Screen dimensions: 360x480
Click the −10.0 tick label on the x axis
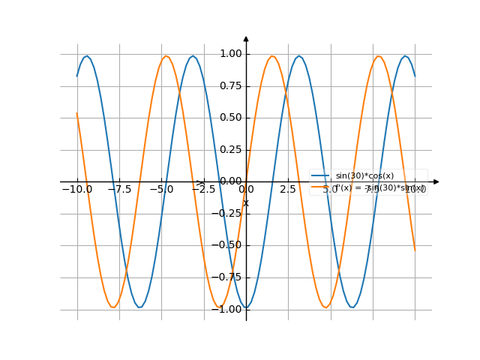(x=76, y=190)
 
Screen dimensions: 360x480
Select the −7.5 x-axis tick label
(x=118, y=190)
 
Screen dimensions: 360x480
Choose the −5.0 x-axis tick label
(x=161, y=190)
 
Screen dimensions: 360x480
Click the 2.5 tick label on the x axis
(x=288, y=190)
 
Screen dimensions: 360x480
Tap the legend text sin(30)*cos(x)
(x=364, y=175)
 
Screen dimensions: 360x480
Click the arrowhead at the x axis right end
(x=436, y=181)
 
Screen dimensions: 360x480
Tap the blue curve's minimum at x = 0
(x=246, y=307)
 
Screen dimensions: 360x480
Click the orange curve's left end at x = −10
(x=77, y=114)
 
